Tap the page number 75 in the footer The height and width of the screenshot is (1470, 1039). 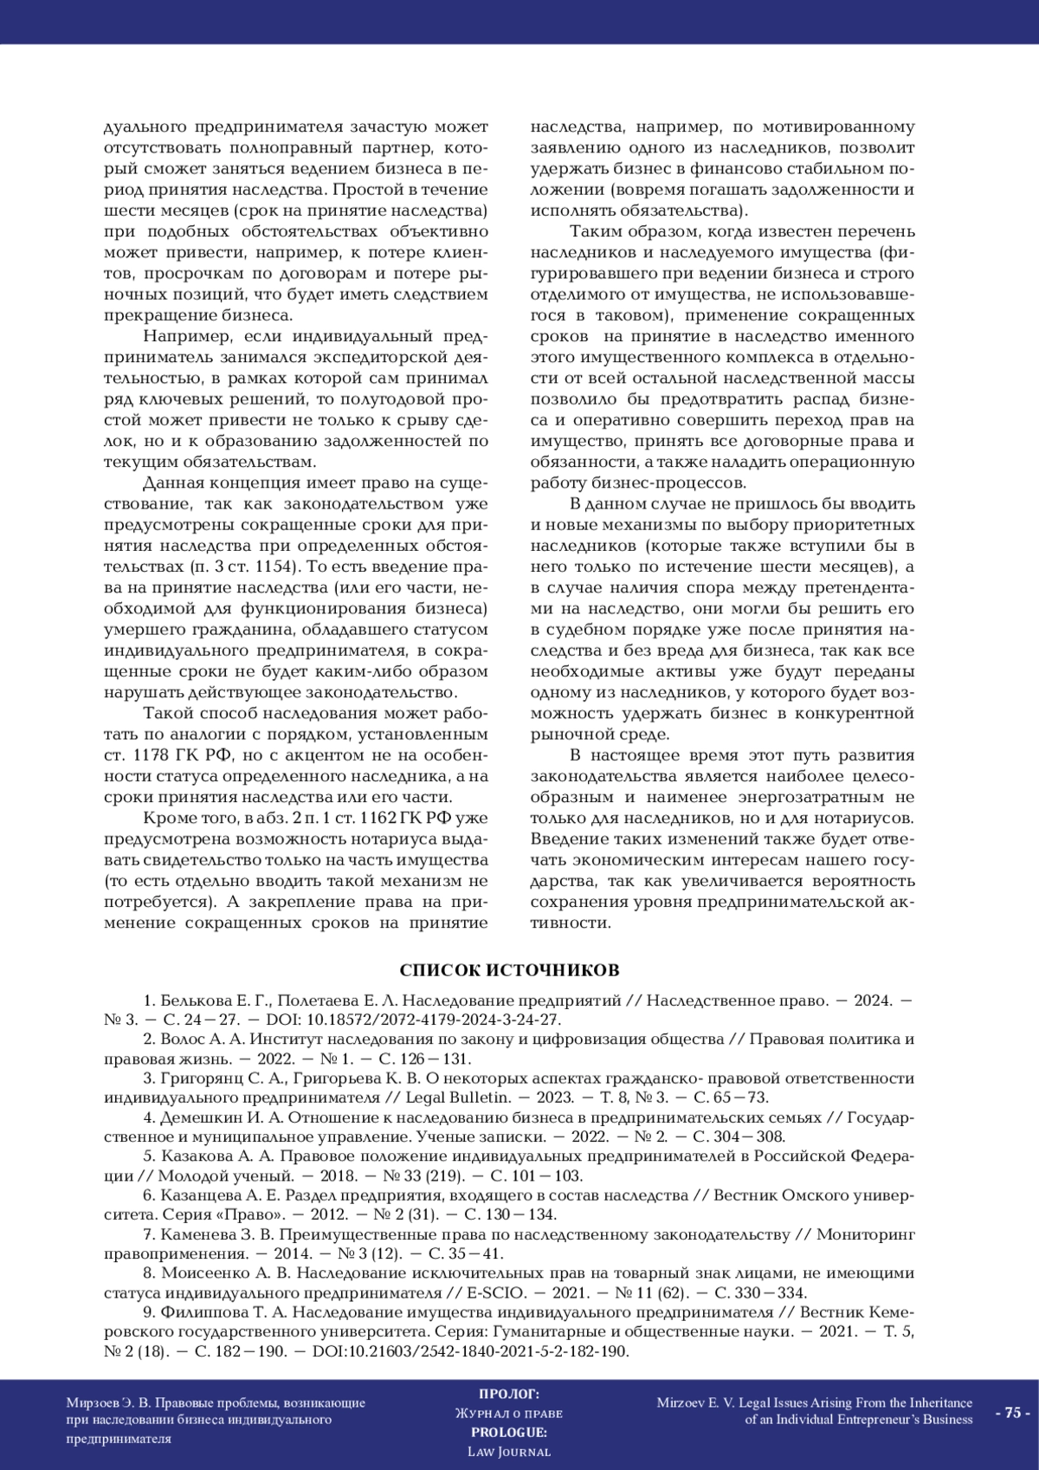[1012, 1413]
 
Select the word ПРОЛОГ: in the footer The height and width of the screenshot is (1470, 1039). [508, 1394]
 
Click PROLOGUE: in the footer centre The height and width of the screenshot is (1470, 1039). [508, 1432]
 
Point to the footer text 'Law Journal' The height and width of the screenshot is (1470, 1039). [508, 1451]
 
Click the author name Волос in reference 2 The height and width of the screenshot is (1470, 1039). [183, 1039]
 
